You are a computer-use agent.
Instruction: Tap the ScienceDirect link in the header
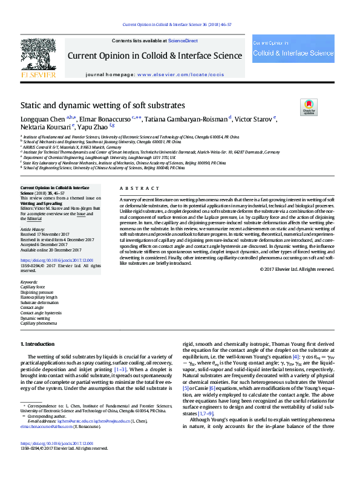tap(183, 41)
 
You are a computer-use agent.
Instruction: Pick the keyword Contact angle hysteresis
tap(41, 313)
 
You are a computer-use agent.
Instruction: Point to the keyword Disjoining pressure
tap(37, 292)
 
